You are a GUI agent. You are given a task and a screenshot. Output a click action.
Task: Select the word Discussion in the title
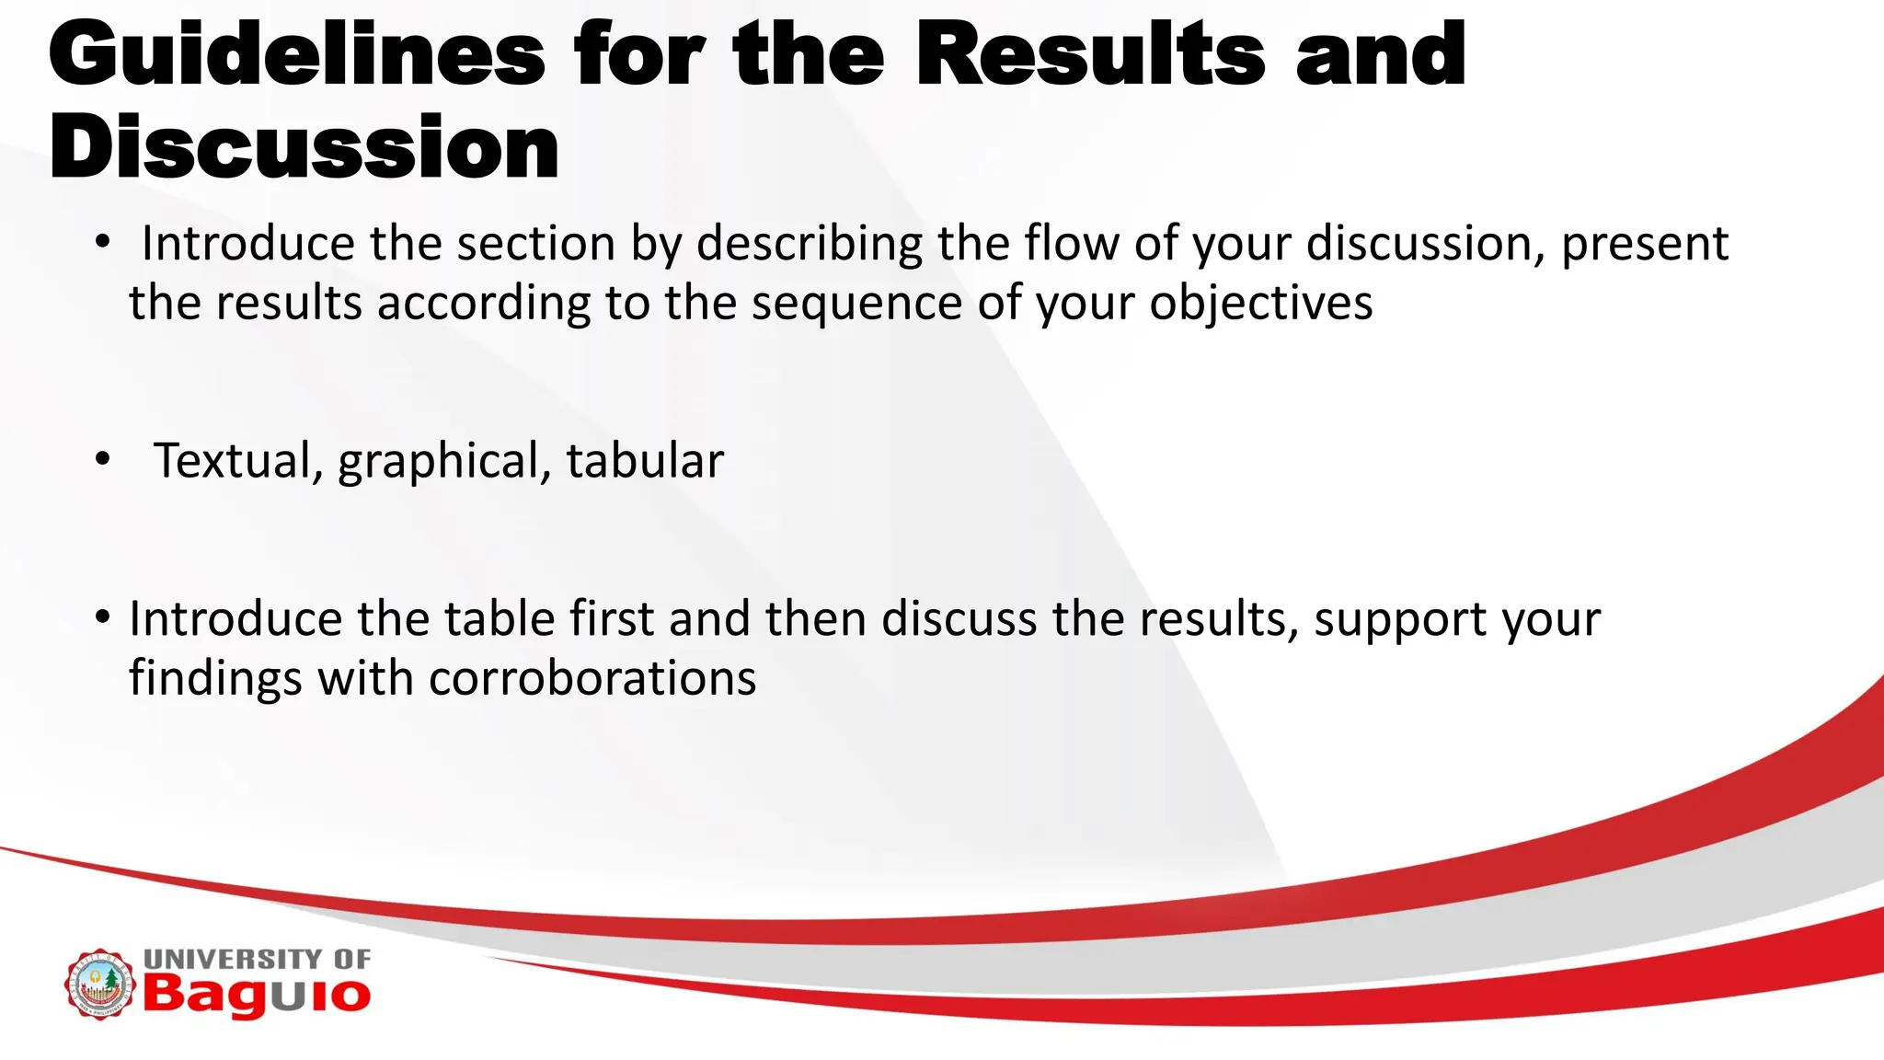(304, 148)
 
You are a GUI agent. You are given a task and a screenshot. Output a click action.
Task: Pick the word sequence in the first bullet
(856, 304)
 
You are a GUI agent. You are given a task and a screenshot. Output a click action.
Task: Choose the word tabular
(644, 461)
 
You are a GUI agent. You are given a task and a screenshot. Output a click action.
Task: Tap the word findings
(214, 679)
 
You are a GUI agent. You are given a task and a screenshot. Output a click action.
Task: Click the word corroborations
(592, 679)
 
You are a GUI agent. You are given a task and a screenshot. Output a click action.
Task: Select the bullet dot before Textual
(102, 458)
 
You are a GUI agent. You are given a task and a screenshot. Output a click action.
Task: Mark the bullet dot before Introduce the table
(102, 616)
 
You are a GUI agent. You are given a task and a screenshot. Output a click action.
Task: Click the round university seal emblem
(99, 985)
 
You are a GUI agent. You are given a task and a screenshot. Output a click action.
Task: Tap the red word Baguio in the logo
(256, 996)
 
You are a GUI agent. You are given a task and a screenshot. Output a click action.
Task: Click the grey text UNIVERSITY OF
(257, 959)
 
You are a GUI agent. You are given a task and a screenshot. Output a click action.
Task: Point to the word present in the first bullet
(1645, 245)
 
